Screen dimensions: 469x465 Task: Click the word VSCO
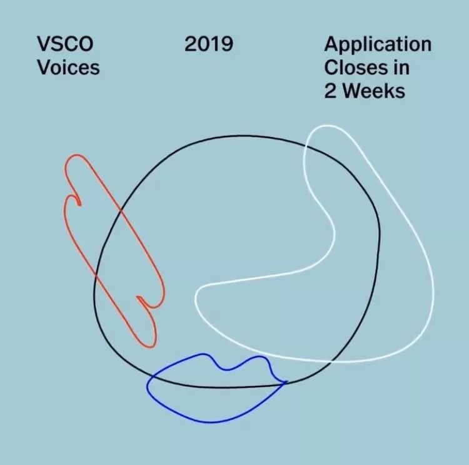65,44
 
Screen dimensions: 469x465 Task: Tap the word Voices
68,68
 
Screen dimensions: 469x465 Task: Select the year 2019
209,44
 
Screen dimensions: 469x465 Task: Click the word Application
378,45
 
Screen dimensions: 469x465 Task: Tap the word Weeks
374,91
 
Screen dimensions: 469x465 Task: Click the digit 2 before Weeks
331,91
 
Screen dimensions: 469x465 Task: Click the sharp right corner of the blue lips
286,382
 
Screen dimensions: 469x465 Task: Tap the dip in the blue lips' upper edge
226,369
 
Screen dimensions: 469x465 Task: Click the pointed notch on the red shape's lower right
138,297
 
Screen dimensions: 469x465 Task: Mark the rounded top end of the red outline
76,155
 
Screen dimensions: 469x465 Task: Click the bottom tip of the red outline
151,347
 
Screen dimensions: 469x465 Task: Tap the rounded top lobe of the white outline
328,126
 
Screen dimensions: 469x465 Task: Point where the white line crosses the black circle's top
305,145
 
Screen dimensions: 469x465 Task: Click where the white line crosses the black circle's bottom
331,362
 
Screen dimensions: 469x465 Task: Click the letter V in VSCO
44,44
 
